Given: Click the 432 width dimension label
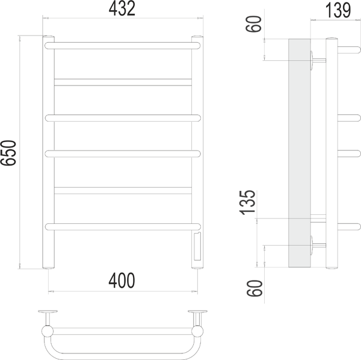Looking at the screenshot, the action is point(122,8).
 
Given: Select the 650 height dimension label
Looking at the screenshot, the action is point(8,153).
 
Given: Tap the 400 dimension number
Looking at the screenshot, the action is point(122,281).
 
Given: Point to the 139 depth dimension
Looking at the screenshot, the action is point(338,10).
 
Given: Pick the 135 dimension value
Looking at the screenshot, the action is point(248,203).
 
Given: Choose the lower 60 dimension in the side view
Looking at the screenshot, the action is point(255,288).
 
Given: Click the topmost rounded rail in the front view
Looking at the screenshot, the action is point(123,46).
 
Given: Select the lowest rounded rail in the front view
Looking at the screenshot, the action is point(123,227).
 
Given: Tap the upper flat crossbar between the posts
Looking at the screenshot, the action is point(123,82).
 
